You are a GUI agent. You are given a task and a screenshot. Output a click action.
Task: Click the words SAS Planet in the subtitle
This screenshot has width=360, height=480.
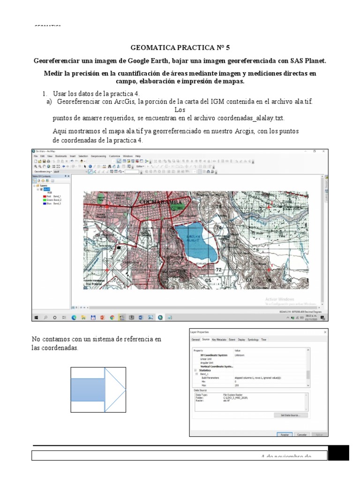coord(307,61)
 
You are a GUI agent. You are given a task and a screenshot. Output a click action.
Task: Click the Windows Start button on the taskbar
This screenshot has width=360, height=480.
coord(36,317)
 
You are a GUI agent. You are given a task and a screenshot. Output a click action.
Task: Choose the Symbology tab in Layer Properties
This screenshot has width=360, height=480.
coord(253,339)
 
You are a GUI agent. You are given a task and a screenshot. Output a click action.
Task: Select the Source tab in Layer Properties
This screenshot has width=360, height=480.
coord(206,339)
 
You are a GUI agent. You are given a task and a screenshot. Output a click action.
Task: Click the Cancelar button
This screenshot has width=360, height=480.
coord(302,435)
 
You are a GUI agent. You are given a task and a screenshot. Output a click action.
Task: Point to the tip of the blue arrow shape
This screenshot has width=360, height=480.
coord(125,389)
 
